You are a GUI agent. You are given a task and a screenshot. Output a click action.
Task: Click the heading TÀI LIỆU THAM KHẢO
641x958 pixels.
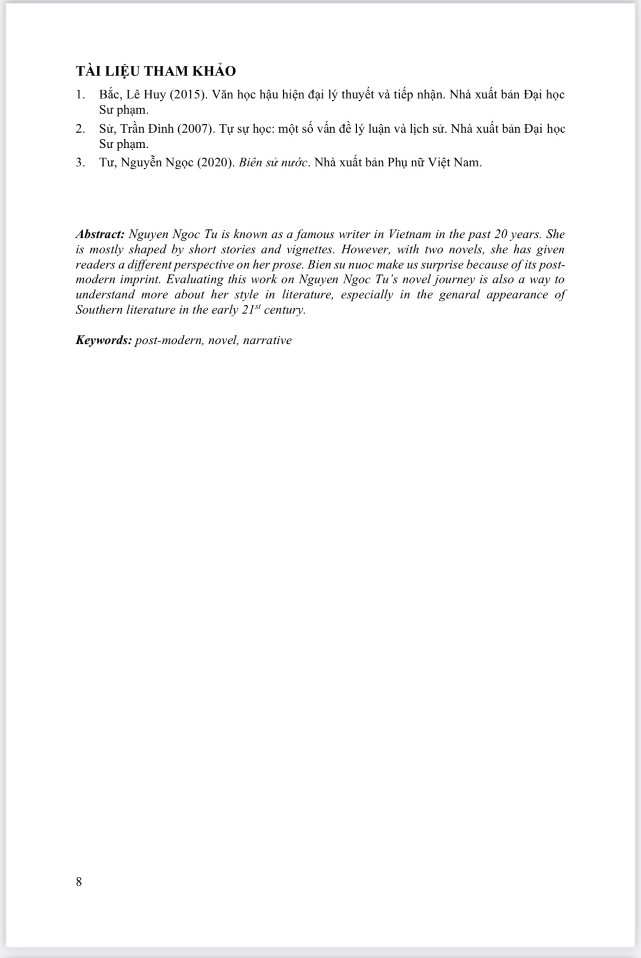(155, 71)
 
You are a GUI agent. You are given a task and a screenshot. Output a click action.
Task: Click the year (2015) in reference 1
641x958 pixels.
(188, 95)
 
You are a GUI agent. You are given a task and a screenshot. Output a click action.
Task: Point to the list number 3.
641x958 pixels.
(80, 162)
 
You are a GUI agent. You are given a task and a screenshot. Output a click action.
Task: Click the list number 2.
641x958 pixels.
(80, 129)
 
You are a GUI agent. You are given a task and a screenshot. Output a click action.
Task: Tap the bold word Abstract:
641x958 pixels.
(100, 235)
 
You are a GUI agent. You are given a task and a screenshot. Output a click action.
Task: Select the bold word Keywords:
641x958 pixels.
(103, 341)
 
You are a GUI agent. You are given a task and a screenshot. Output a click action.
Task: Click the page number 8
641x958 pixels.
(79, 882)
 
